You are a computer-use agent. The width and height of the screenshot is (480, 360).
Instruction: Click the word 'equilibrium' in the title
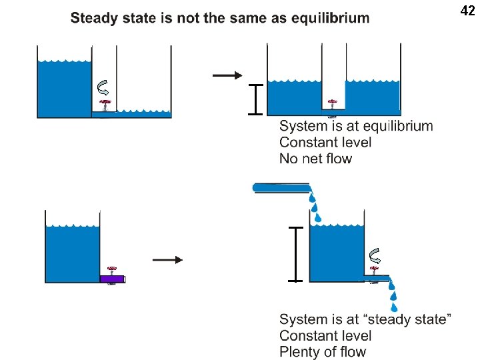point(330,18)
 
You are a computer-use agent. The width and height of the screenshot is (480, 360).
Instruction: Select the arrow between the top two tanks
point(227,75)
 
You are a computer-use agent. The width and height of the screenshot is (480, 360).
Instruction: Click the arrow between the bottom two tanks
point(167,260)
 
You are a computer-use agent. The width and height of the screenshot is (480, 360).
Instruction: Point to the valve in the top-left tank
point(104,105)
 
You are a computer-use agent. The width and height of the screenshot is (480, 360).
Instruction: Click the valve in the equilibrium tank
point(331,104)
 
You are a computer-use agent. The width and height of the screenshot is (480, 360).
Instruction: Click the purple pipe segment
point(112,279)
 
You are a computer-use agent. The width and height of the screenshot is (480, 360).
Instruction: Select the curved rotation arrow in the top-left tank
point(103,86)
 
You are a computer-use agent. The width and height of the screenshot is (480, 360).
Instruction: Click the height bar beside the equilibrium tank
point(255,100)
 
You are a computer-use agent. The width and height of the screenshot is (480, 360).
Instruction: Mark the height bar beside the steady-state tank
point(296,254)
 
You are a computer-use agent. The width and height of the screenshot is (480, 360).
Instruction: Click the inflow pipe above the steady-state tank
point(280,187)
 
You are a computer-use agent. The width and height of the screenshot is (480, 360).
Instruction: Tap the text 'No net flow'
point(315,159)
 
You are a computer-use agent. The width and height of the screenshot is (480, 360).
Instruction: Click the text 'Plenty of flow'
point(323,352)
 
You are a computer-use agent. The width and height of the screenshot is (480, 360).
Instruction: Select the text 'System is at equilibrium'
point(356,126)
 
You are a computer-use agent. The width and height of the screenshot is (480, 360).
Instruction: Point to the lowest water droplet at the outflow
point(394,307)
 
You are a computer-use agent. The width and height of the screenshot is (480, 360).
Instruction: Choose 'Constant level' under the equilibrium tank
point(325,142)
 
